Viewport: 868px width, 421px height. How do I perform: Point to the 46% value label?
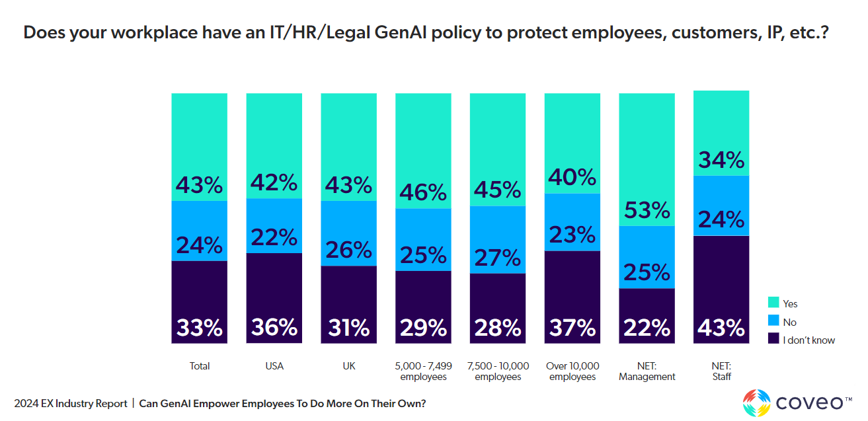(x=423, y=192)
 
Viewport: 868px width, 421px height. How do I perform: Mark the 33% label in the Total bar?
(x=199, y=328)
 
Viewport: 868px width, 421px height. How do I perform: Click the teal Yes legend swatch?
(x=773, y=303)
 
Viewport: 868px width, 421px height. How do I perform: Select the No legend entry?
(x=789, y=322)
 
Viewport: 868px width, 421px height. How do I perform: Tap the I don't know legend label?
(x=809, y=340)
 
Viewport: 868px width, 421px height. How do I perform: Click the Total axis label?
(x=199, y=366)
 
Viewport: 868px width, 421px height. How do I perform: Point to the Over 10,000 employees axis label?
(x=572, y=371)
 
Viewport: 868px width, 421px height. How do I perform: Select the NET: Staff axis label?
(x=721, y=371)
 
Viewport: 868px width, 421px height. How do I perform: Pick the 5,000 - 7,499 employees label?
(x=423, y=371)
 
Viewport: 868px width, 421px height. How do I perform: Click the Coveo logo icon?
(x=756, y=402)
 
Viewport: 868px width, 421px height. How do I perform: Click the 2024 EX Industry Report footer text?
(x=71, y=403)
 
